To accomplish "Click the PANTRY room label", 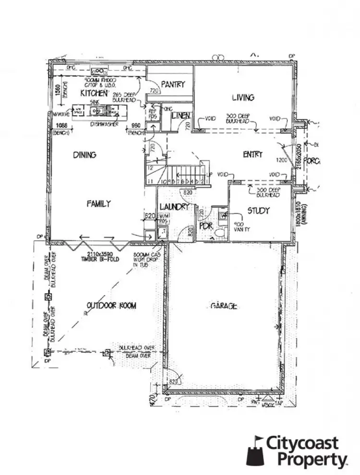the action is coord(173,84).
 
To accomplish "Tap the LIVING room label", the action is coord(243,98).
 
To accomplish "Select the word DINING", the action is coord(84,155).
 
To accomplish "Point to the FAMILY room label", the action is coord(98,203).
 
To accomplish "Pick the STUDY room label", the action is coord(258,211).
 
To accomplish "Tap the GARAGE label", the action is coord(224,306).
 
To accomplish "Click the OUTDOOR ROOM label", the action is coord(111,306).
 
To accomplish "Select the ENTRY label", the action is coord(253,154).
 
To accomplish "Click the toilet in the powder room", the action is coord(220,233).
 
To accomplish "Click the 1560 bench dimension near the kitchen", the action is coord(57,91).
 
